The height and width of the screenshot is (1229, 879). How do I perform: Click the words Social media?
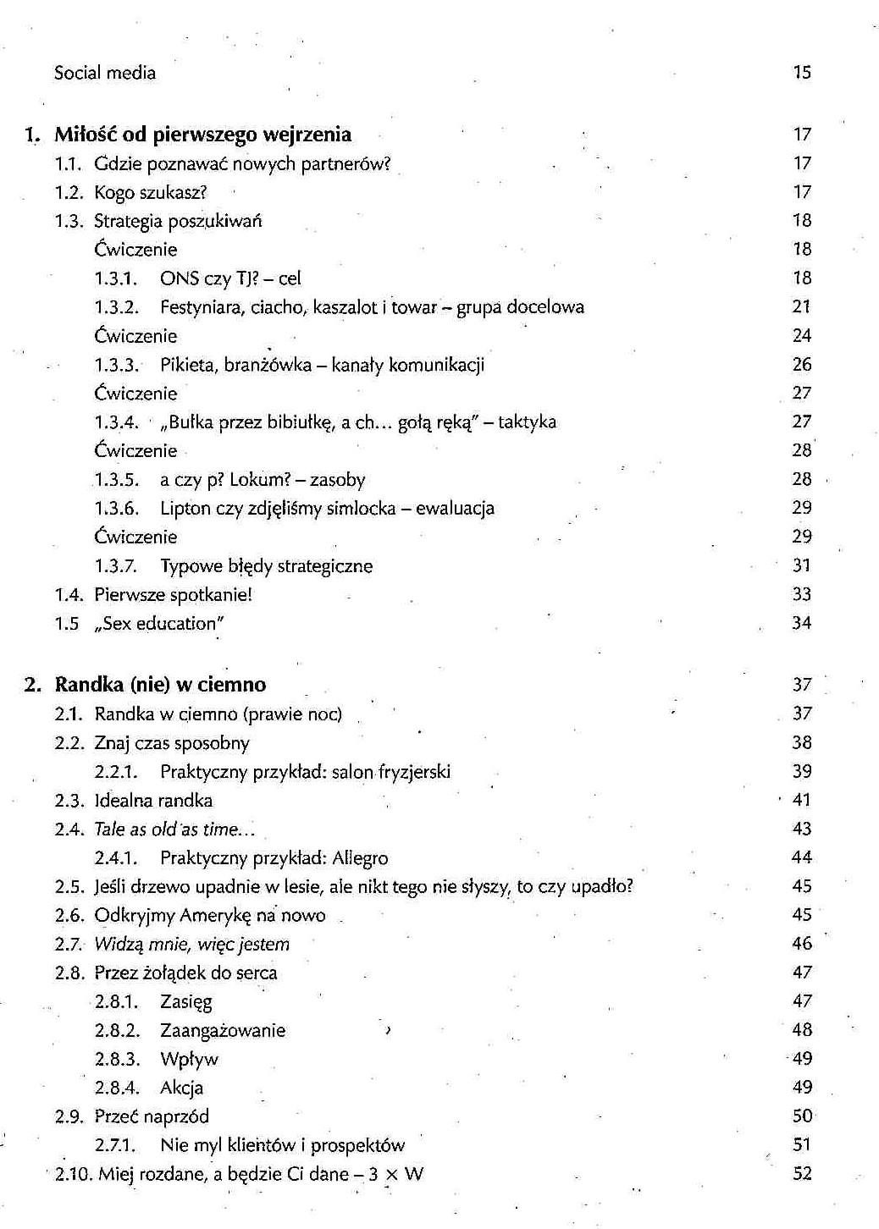(x=105, y=73)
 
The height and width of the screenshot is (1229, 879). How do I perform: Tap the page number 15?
(x=802, y=73)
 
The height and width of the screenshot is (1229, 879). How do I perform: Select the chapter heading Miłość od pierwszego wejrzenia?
(x=202, y=135)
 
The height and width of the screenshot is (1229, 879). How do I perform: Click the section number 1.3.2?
(x=116, y=307)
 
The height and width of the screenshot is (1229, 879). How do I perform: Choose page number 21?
(x=801, y=306)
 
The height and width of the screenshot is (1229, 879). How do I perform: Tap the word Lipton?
(x=184, y=509)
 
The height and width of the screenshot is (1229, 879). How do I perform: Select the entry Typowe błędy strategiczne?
(x=266, y=566)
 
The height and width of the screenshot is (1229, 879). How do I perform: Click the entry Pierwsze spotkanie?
(x=173, y=595)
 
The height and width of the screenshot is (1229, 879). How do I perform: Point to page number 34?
(x=801, y=624)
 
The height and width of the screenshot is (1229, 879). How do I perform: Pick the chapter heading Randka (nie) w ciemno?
(x=160, y=685)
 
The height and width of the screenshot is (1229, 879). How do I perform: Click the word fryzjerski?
(x=414, y=772)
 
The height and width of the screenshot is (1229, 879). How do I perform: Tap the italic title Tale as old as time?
(x=173, y=829)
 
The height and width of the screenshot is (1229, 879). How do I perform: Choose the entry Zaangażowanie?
(x=223, y=1031)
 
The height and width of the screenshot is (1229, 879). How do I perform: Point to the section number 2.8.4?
(x=116, y=1088)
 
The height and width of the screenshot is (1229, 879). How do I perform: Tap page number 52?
(x=801, y=1174)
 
